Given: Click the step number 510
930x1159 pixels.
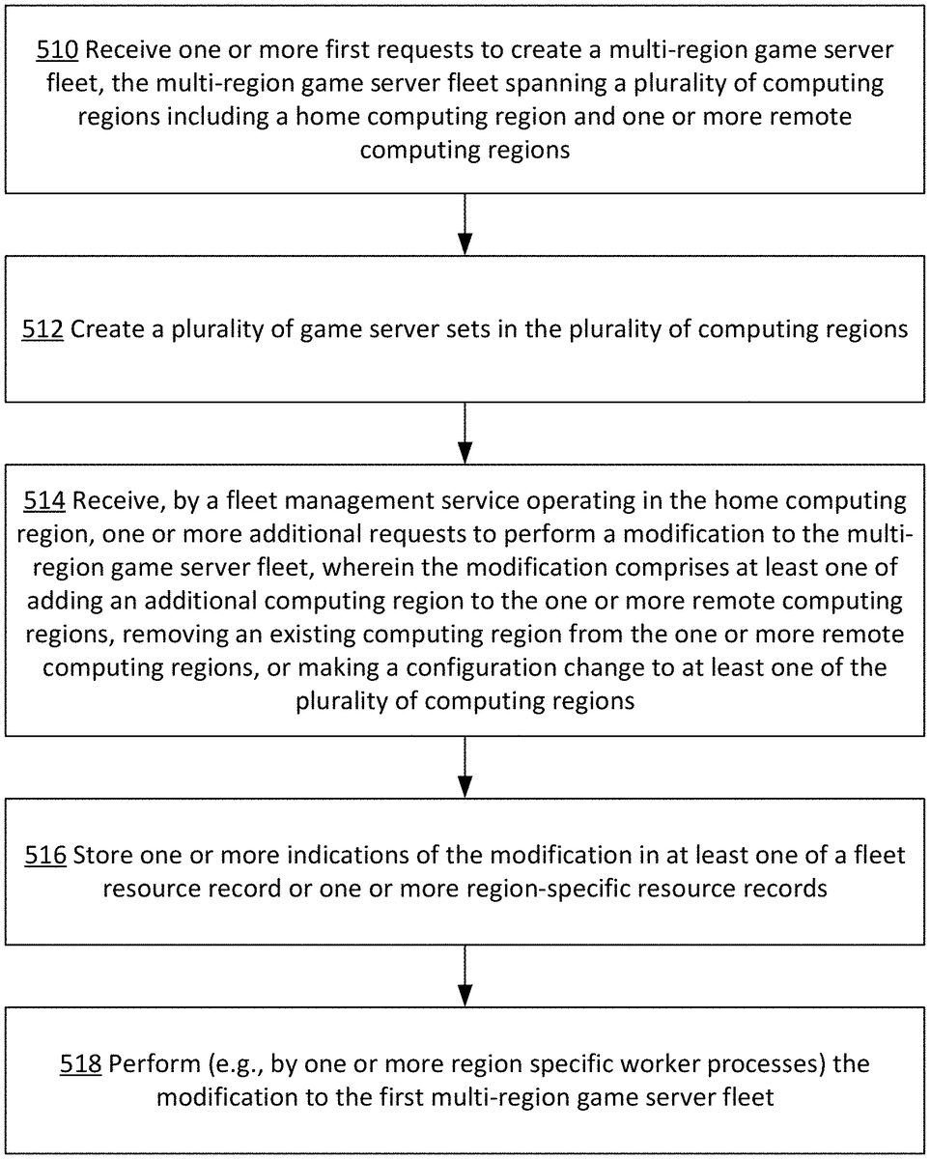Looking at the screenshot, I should tap(56, 50).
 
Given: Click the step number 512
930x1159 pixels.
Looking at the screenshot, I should tap(43, 329).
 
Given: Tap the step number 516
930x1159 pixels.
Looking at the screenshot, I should tap(45, 855).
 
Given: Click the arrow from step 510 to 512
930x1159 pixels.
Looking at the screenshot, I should tap(465, 225).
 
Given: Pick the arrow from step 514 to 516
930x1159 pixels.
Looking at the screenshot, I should tap(465, 768).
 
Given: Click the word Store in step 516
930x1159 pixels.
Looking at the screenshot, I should tap(102, 855).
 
